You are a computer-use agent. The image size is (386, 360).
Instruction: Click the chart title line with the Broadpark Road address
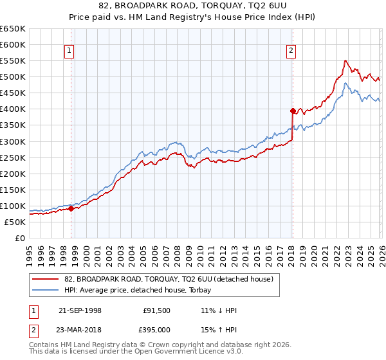pyautogui.click(x=193, y=6)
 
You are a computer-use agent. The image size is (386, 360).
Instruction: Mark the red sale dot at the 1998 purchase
pyautogui.click(x=71, y=208)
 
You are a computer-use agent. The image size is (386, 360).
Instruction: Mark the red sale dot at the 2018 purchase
pyautogui.click(x=293, y=111)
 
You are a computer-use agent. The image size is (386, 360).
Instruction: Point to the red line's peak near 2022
pyautogui.click(x=345, y=60)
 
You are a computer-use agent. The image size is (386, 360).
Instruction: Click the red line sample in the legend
pyautogui.click(x=46, y=279)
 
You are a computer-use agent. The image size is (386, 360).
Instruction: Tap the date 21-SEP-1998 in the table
pyautogui.click(x=80, y=310)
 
